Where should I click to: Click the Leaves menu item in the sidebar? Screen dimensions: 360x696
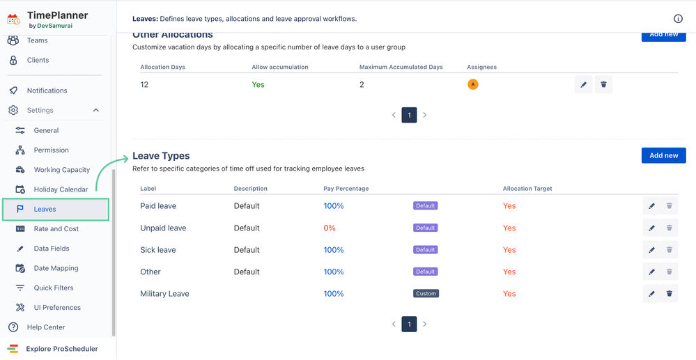(45, 209)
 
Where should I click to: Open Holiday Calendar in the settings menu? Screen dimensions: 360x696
(61, 189)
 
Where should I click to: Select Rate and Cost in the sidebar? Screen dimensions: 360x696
(56, 228)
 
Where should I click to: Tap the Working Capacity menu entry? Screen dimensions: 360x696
(61, 170)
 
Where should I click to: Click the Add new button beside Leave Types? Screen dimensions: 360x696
(663, 155)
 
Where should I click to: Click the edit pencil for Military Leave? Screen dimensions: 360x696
(651, 294)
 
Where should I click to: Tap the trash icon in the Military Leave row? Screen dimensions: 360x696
(670, 294)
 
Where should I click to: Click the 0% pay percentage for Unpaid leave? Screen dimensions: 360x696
(330, 228)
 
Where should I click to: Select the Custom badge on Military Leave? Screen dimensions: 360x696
(426, 294)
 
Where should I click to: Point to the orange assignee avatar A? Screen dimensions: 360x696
(473, 84)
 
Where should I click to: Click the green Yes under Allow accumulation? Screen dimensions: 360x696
(258, 85)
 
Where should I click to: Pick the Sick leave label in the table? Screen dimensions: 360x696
(158, 250)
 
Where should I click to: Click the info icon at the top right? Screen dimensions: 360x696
(678, 19)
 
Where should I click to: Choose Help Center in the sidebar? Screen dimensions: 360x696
(46, 327)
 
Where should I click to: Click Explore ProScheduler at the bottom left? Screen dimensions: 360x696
(61, 349)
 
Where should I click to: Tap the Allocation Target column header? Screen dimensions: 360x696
(527, 189)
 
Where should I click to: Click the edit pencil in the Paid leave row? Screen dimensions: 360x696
(651, 206)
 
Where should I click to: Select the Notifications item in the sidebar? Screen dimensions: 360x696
(47, 91)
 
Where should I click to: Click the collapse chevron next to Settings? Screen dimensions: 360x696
(96, 110)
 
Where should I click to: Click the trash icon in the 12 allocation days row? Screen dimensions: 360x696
(603, 85)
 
